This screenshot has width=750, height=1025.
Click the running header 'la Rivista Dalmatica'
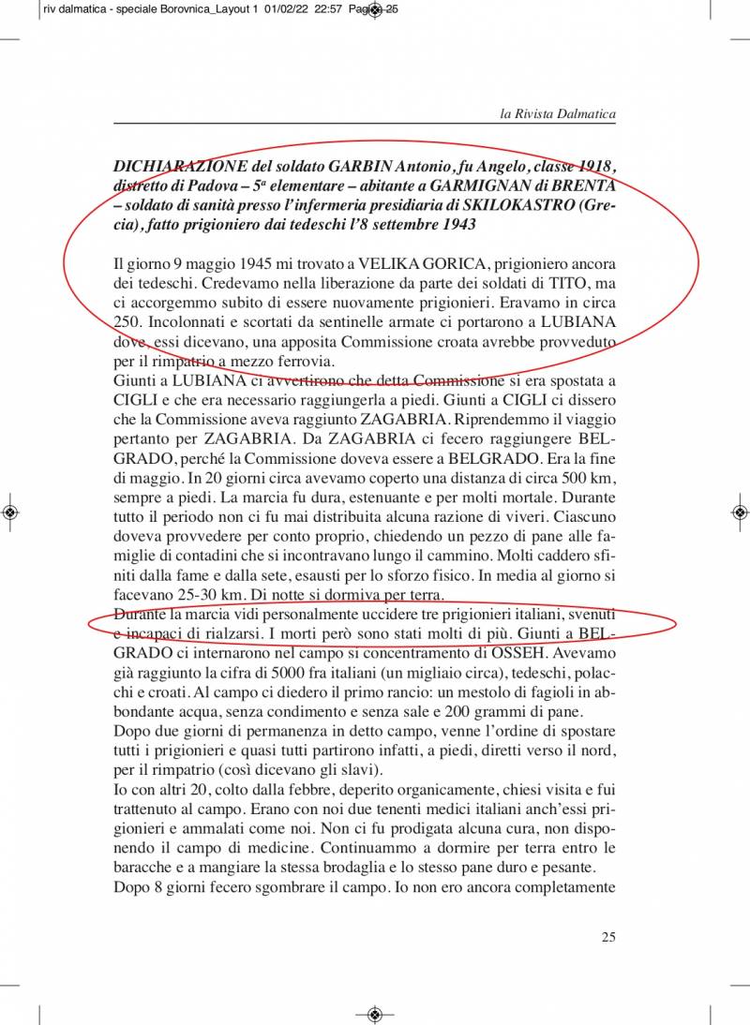coord(558,114)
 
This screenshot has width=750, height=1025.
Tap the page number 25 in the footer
coord(608,936)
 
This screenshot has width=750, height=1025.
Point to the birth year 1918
coord(596,167)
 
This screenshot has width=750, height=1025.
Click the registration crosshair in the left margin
coord(10,512)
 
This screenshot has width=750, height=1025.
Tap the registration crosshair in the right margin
coord(739,512)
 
